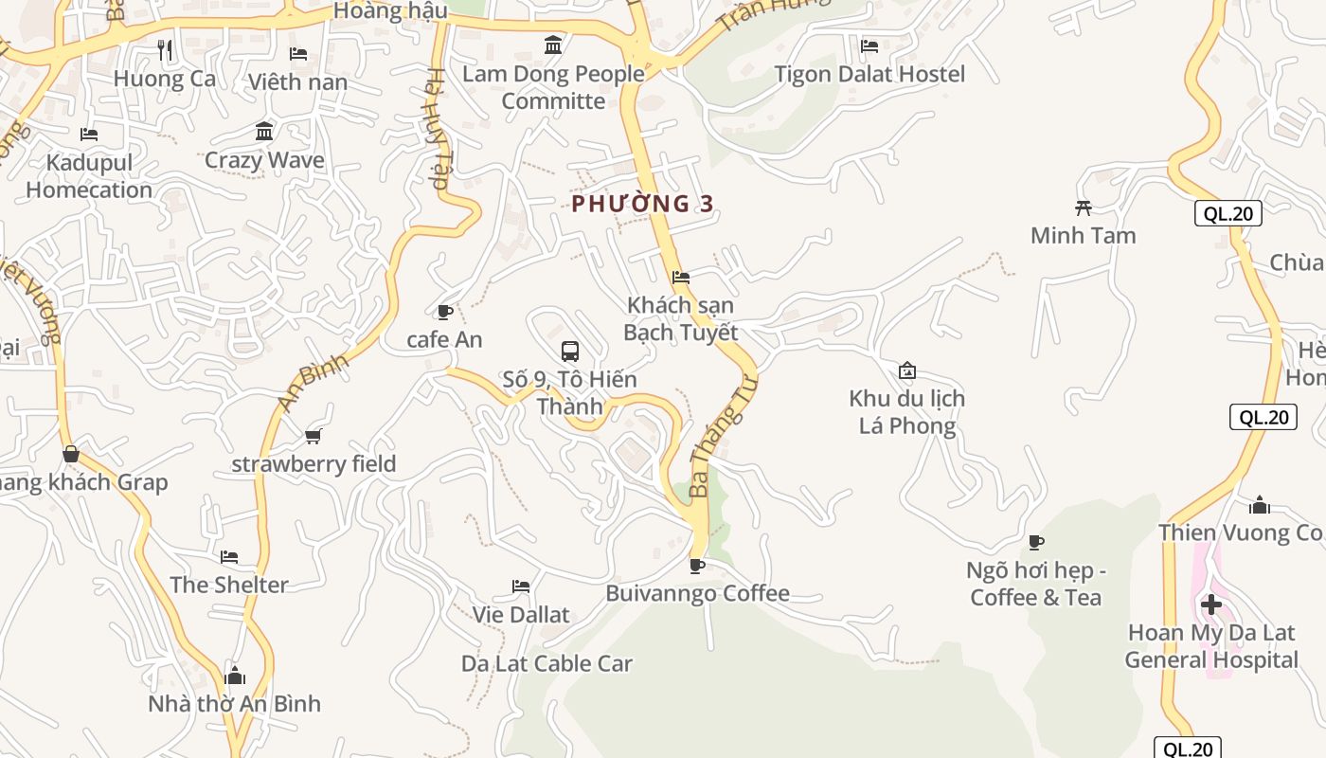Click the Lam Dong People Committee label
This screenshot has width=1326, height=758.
click(x=553, y=87)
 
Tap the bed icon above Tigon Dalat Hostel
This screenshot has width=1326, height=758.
click(x=869, y=45)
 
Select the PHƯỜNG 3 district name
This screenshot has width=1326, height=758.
click(x=642, y=204)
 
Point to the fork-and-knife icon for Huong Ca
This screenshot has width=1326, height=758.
click(x=166, y=50)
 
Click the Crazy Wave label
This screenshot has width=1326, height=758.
click(x=264, y=160)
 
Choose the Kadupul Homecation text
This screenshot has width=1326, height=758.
click(x=89, y=176)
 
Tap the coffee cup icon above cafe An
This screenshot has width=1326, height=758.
click(x=444, y=312)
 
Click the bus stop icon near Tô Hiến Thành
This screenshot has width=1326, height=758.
click(x=570, y=352)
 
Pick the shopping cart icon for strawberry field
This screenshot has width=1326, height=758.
click(x=314, y=436)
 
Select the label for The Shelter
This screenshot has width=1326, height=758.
click(x=228, y=585)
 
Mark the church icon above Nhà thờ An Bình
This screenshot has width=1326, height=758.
click(x=235, y=676)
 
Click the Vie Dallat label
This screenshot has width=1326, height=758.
click(x=521, y=615)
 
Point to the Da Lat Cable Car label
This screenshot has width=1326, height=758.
click(x=547, y=663)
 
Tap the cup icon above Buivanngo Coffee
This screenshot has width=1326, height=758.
click(x=697, y=566)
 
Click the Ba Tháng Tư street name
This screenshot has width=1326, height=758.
click(x=725, y=436)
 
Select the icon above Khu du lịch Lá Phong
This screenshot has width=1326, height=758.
click(x=907, y=370)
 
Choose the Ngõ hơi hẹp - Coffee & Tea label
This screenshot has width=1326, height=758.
click(x=1036, y=584)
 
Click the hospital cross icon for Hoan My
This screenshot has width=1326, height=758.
click(x=1210, y=604)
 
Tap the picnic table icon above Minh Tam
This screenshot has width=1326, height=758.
click(x=1084, y=208)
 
